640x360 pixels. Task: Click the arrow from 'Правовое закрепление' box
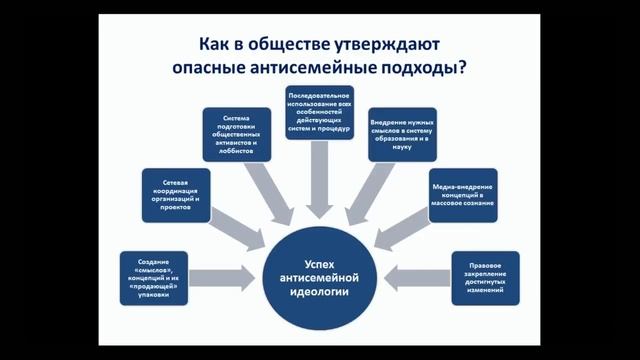coord(412,273)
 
